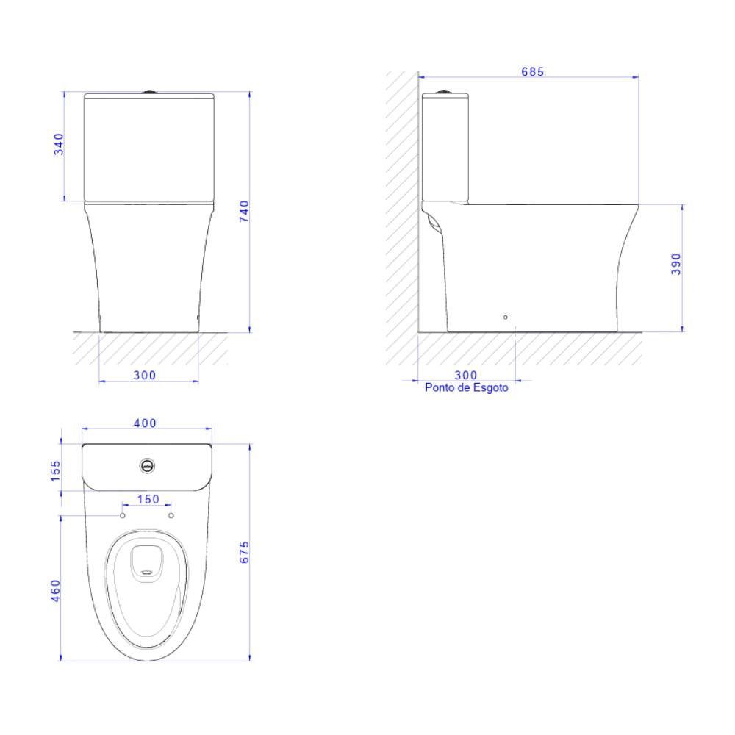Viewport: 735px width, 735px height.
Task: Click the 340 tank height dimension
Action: (59, 145)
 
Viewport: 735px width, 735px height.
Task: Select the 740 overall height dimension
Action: (245, 211)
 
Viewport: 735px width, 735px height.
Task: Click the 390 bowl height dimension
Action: (676, 265)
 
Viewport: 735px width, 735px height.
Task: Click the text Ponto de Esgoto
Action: (466, 387)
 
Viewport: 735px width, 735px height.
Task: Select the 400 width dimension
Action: (145, 423)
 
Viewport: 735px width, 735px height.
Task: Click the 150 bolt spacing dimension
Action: (148, 499)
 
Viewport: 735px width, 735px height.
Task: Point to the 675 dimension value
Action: (245, 552)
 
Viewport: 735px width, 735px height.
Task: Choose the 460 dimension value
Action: (56, 591)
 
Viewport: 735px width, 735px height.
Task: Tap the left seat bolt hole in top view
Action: (123, 516)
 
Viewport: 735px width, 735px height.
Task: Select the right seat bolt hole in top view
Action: (171, 516)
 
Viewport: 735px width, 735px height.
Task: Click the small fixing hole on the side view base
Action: (505, 317)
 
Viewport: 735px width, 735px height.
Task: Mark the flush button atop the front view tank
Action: (150, 92)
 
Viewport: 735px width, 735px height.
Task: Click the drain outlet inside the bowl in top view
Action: (147, 563)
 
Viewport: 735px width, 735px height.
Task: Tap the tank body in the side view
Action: (445, 147)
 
